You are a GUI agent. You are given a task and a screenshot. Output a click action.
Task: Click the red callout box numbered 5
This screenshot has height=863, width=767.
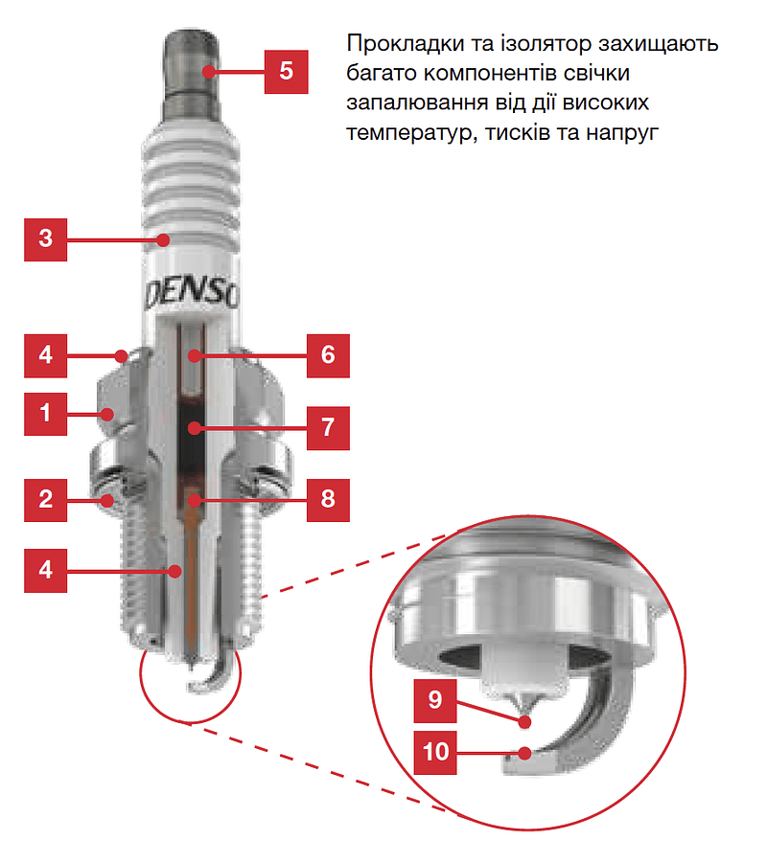point(286,71)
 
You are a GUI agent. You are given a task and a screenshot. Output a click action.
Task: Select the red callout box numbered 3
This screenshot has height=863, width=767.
point(46,238)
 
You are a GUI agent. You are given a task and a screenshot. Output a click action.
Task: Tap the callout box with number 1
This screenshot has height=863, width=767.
point(46,414)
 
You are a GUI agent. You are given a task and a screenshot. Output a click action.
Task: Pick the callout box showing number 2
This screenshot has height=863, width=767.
point(46,499)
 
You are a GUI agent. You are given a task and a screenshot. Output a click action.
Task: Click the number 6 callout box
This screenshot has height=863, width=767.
point(328,355)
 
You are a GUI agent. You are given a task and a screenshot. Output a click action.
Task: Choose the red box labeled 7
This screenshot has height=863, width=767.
point(328,427)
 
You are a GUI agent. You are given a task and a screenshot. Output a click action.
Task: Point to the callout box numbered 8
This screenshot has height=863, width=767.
point(328,499)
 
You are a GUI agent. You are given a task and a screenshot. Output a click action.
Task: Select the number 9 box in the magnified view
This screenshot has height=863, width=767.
point(435,701)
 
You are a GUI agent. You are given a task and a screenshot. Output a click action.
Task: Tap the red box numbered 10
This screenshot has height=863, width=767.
point(435,752)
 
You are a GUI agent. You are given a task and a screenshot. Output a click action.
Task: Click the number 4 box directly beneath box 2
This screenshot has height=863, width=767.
point(46,570)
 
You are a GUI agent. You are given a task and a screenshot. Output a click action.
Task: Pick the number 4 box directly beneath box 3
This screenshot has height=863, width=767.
point(46,355)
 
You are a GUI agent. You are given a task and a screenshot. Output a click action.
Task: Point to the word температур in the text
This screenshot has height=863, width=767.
point(402,133)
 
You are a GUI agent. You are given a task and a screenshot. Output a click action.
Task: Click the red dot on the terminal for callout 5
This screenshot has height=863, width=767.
point(208,71)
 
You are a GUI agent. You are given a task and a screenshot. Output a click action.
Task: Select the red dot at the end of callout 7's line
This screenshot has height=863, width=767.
point(194,427)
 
